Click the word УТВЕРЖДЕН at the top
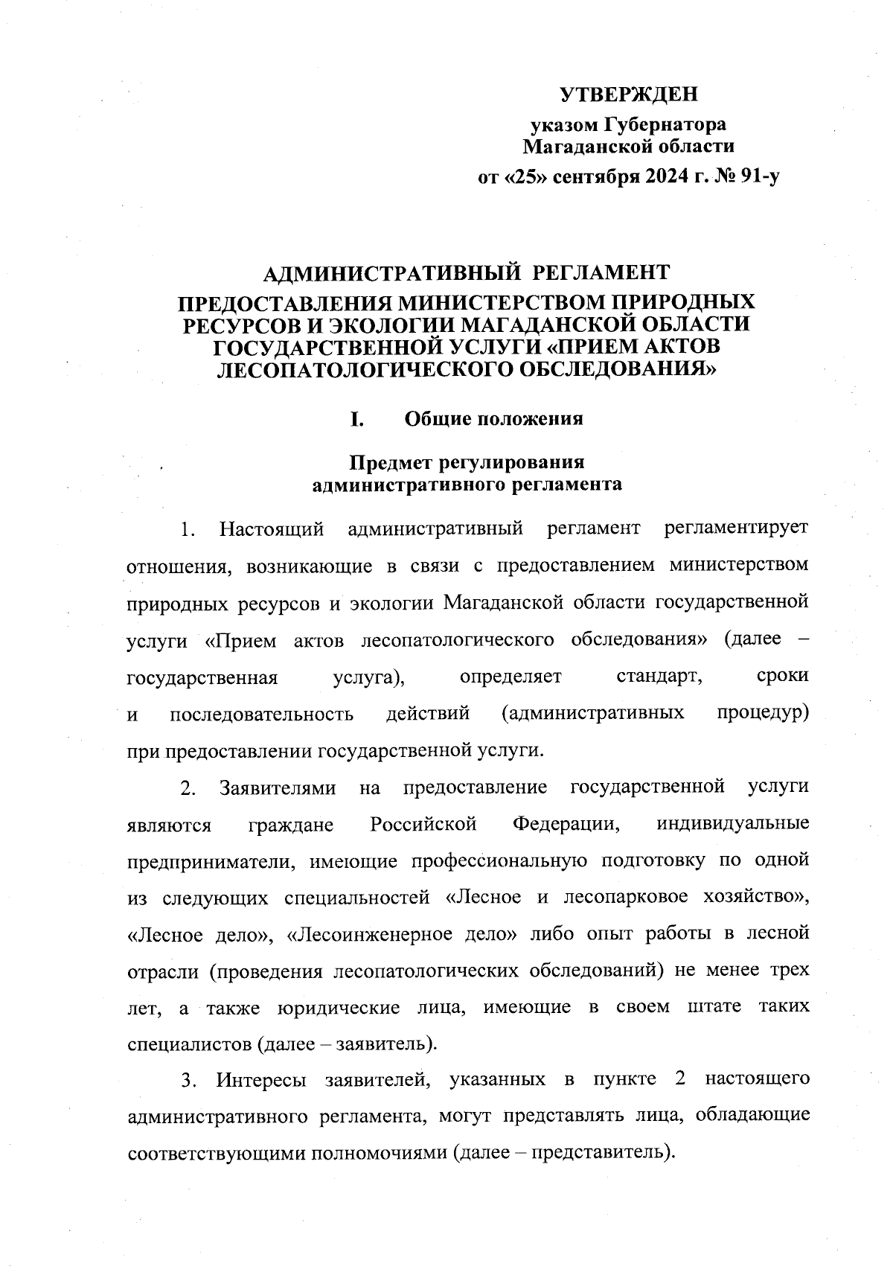coord(629,95)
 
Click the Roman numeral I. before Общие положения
coord(357,419)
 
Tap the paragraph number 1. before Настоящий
coord(188,530)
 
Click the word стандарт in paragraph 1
coord(660,677)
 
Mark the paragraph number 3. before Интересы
coord(188,1080)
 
